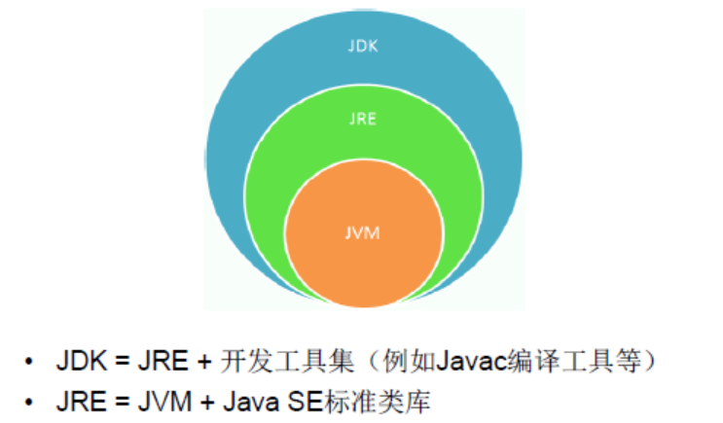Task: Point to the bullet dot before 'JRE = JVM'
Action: [x=31, y=400]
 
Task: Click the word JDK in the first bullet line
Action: [x=79, y=363]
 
